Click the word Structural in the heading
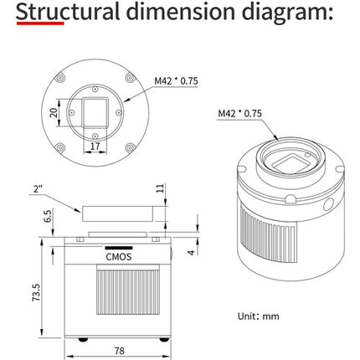tap(68, 12)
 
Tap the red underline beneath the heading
tap(40, 23)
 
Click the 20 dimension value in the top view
tap(54, 112)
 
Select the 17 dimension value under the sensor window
tap(95, 146)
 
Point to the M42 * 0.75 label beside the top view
tap(176, 81)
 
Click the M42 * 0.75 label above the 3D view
tap(240, 113)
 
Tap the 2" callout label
tap(38, 189)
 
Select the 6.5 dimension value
tap(48, 216)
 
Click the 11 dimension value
tap(160, 188)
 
